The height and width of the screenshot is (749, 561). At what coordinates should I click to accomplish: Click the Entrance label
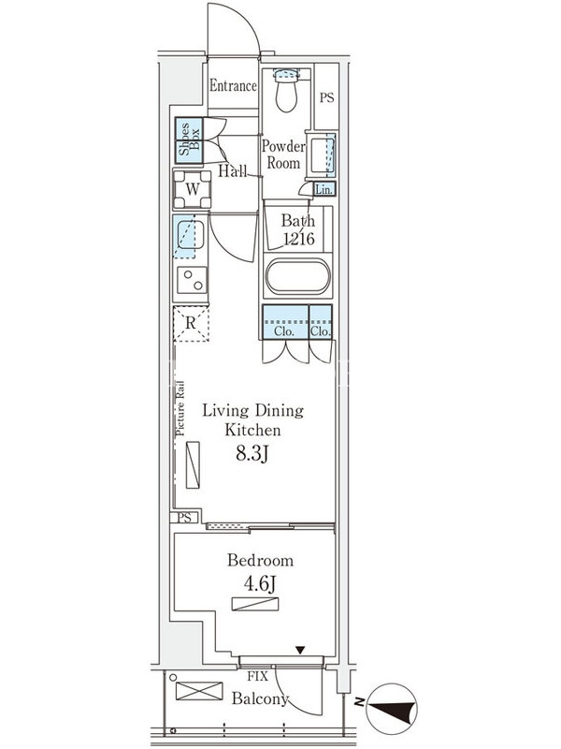(x=233, y=86)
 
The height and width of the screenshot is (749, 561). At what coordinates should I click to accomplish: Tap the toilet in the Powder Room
(x=286, y=90)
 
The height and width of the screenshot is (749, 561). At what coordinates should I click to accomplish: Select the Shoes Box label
(x=190, y=140)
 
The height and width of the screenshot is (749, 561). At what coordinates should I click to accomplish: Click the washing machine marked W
(x=192, y=189)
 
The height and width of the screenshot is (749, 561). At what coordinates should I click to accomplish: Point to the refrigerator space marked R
(x=191, y=323)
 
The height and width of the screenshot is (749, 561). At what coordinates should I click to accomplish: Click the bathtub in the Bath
(x=297, y=277)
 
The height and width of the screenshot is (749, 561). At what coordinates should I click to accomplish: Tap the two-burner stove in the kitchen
(x=193, y=280)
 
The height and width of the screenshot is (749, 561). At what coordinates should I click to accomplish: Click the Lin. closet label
(x=324, y=190)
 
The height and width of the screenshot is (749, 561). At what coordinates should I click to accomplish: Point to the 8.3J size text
(x=252, y=453)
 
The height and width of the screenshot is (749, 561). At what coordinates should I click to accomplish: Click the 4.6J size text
(x=261, y=583)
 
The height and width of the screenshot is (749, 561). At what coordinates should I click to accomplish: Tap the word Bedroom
(x=260, y=560)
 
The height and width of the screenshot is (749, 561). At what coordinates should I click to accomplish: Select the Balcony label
(x=260, y=698)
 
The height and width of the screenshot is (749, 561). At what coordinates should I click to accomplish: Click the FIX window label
(x=258, y=676)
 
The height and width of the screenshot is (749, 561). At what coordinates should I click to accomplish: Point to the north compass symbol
(x=390, y=709)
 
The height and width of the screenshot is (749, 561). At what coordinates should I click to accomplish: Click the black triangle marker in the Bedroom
(x=299, y=650)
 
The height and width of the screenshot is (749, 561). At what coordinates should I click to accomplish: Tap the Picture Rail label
(x=180, y=408)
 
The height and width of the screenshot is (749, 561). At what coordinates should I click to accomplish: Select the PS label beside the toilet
(x=326, y=98)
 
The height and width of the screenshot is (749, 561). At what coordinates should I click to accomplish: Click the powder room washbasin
(x=322, y=154)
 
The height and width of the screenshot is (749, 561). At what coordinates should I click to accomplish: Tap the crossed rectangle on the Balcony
(x=199, y=691)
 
